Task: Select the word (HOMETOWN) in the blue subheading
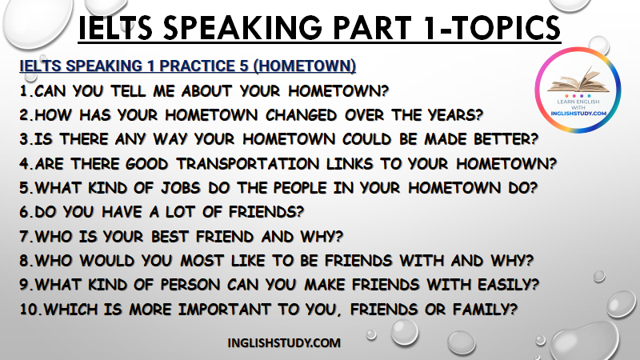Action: pos(305,66)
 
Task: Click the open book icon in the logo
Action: pos(578,82)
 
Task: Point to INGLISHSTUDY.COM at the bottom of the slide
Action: pos(284,343)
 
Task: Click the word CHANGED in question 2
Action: pos(302,115)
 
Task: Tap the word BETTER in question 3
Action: pos(506,139)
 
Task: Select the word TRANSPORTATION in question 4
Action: pos(248,164)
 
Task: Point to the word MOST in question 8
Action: pos(202,261)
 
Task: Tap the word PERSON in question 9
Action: pos(190,285)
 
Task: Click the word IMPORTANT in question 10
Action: pos(225,309)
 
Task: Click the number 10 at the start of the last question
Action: pos(29,309)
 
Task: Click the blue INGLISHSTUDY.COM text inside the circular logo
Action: pos(578,113)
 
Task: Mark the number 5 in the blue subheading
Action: pos(244,66)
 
